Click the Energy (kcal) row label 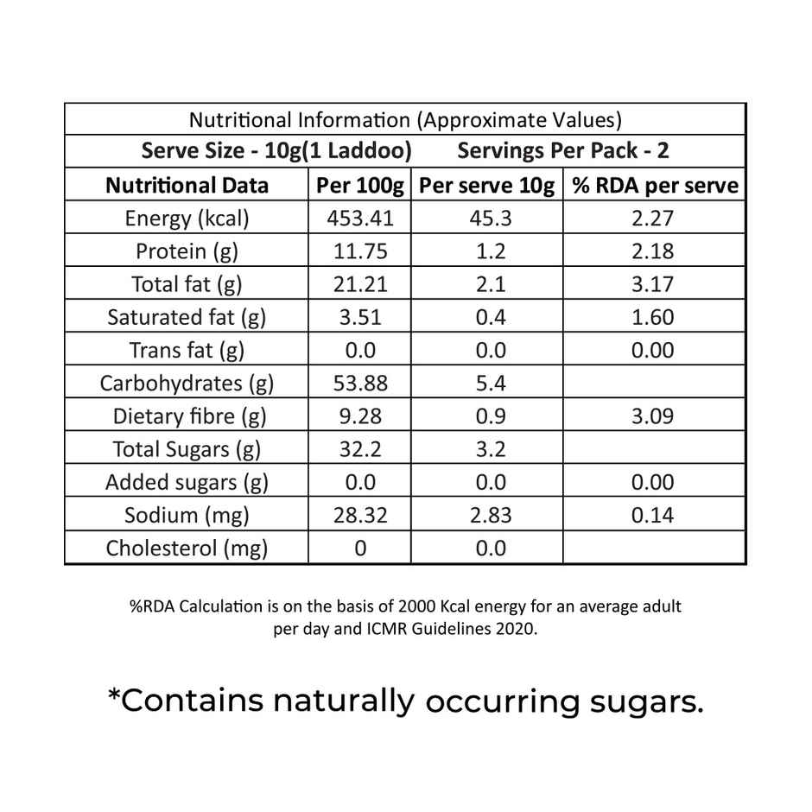[187, 219]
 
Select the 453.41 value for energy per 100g [360, 219]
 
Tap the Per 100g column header [360, 186]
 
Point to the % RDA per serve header [654, 186]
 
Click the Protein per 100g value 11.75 [360, 251]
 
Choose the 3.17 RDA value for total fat [652, 284]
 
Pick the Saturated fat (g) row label [187, 317]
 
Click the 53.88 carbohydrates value [360, 383]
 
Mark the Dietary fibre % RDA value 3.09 [652, 416]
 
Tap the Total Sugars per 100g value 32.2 [360, 449]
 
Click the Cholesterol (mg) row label [187, 548]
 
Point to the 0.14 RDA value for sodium [652, 516]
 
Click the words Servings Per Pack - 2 [563, 151]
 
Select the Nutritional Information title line [405, 119]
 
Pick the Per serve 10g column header [487, 186]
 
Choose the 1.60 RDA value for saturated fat [652, 317]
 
